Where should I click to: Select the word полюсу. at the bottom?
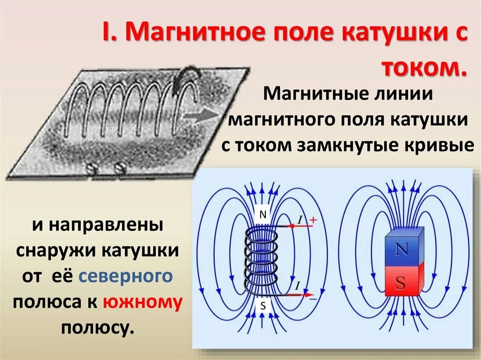[x=98, y=328]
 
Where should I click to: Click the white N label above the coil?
[x=263, y=215]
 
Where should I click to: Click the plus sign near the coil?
[x=313, y=219]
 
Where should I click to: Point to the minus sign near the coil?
[x=313, y=298]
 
